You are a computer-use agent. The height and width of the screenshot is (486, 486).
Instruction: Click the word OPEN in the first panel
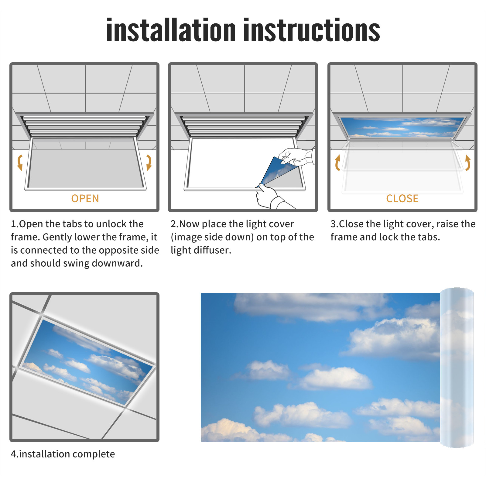(x=85, y=198)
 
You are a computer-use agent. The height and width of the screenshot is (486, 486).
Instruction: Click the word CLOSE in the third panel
(x=402, y=198)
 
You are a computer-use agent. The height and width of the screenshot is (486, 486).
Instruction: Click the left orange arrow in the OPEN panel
(x=20, y=163)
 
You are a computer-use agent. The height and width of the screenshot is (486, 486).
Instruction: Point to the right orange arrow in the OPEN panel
(x=149, y=163)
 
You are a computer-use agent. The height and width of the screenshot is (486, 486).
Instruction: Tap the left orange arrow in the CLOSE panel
(x=337, y=163)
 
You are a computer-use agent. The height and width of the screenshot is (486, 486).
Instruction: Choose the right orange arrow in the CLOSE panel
(x=468, y=163)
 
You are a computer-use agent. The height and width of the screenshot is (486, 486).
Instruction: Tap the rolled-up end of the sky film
(x=457, y=368)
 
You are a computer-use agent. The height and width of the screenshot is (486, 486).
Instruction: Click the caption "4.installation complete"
(x=63, y=454)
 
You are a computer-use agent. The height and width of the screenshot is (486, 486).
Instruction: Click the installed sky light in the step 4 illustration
(x=87, y=361)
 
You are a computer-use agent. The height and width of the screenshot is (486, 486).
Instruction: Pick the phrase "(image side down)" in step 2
(x=212, y=237)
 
